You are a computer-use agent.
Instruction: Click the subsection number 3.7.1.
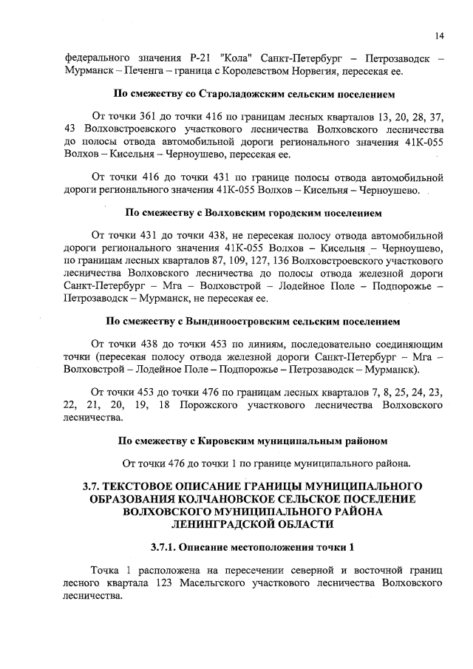(x=164, y=549)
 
